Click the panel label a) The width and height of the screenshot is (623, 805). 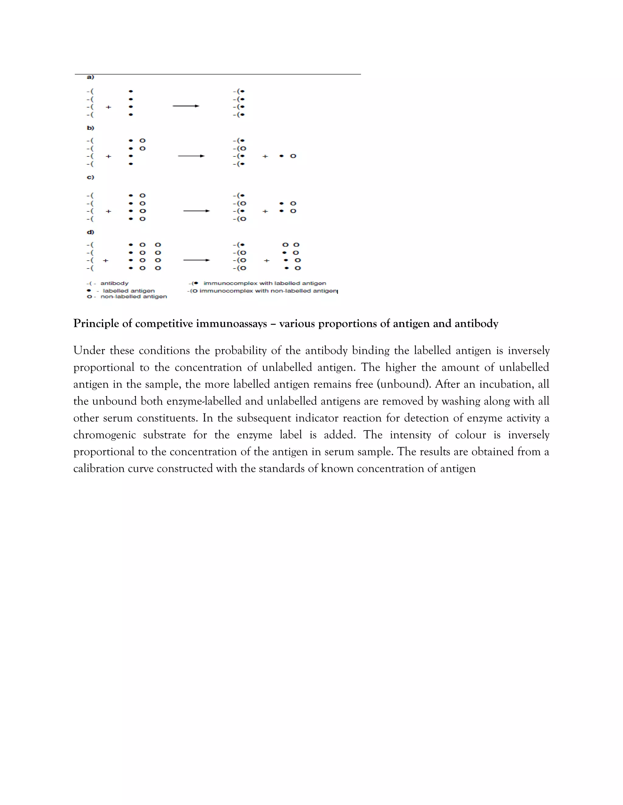[x=90, y=77]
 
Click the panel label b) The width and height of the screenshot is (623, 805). [x=90, y=128]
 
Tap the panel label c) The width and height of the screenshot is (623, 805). [x=90, y=177]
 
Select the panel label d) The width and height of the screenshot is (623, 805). [x=90, y=232]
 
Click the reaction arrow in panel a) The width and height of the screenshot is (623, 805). [x=186, y=106]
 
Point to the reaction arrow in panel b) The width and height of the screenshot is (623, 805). [x=191, y=156]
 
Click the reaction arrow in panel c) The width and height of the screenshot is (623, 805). [x=196, y=211]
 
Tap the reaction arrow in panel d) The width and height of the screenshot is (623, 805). [x=196, y=260]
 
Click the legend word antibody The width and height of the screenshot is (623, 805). [x=114, y=283]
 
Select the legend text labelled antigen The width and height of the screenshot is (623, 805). [x=128, y=291]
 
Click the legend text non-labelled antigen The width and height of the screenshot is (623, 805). [x=134, y=297]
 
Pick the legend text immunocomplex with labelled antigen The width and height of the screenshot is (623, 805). [x=265, y=283]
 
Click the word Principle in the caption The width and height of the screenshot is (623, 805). [x=96, y=324]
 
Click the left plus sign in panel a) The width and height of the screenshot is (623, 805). [x=109, y=107]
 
